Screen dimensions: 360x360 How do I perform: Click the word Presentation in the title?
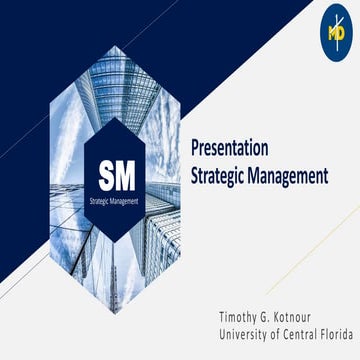(229, 149)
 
